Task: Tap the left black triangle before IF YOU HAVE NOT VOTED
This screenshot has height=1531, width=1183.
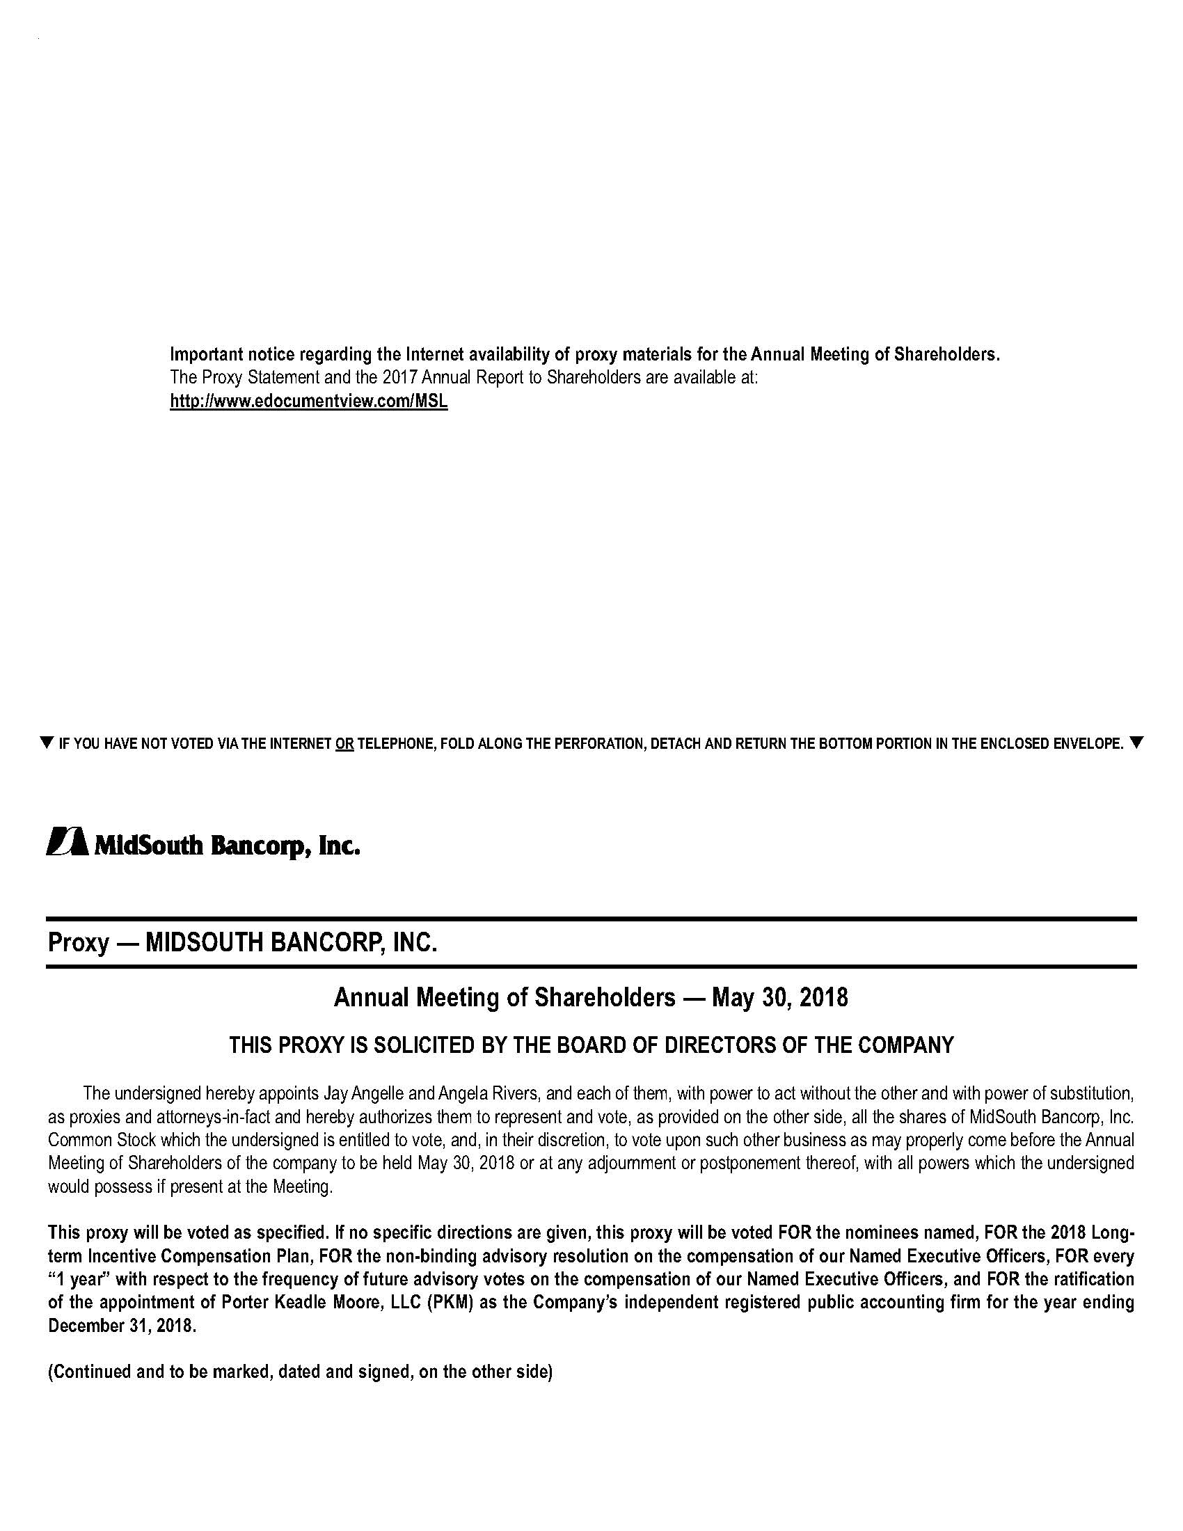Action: (x=47, y=743)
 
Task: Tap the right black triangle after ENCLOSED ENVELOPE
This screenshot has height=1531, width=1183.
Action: (x=1136, y=743)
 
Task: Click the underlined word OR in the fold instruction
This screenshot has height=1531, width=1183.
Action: (x=344, y=744)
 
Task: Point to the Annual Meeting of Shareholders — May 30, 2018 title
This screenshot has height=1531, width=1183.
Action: (x=591, y=997)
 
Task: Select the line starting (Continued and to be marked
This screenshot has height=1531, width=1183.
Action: (x=300, y=1372)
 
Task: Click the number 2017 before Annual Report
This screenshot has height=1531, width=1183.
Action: (x=398, y=377)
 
